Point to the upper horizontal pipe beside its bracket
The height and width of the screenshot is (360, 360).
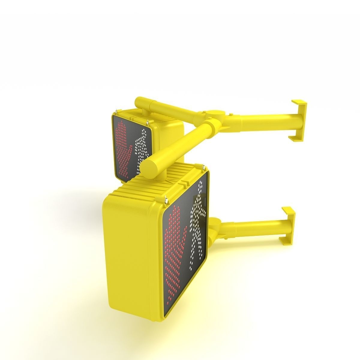[x=270, y=119]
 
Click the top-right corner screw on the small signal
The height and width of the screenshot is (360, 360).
[x=148, y=122]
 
